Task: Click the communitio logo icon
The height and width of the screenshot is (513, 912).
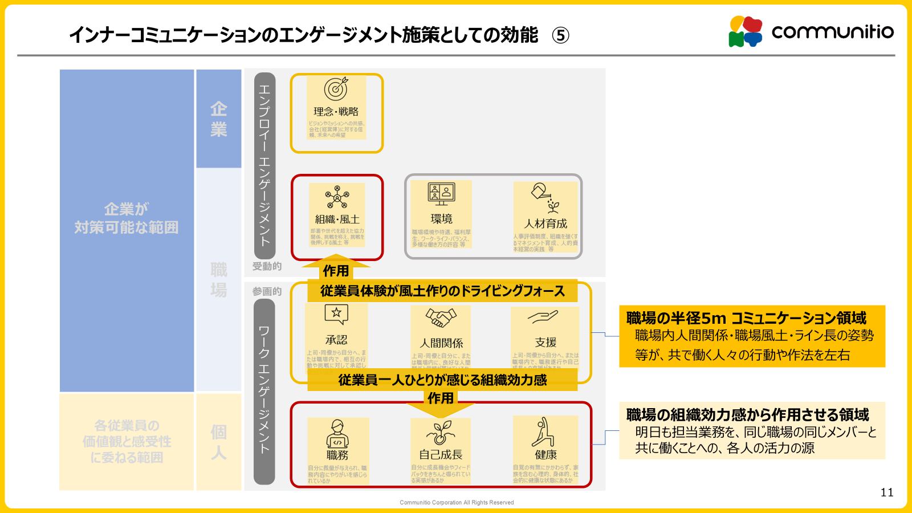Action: (x=746, y=31)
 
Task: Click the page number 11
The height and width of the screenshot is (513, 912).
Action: (x=887, y=492)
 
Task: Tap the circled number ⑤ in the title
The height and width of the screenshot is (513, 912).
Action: (x=560, y=35)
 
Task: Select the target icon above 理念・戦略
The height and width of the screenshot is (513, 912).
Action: (x=336, y=89)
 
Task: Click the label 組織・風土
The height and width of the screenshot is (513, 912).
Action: (x=337, y=219)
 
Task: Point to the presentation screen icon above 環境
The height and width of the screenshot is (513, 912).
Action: (x=441, y=194)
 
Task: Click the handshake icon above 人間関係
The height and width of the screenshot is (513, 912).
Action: (x=441, y=317)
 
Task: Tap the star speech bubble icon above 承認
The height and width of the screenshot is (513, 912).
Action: (x=336, y=313)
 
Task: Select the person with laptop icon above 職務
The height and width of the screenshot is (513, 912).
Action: (x=337, y=434)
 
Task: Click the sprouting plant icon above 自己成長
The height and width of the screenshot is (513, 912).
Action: (x=441, y=433)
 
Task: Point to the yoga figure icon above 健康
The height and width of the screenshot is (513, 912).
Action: (x=543, y=431)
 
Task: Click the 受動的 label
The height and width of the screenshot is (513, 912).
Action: (x=267, y=266)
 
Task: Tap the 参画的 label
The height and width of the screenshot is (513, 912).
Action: (x=267, y=291)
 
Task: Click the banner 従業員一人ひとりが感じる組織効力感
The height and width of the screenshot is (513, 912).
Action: (x=442, y=380)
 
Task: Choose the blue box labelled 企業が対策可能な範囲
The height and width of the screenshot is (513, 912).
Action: (x=127, y=219)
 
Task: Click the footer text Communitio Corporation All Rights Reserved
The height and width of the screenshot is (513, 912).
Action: (x=457, y=503)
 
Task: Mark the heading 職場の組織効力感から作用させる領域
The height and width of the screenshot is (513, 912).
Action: (x=747, y=414)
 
